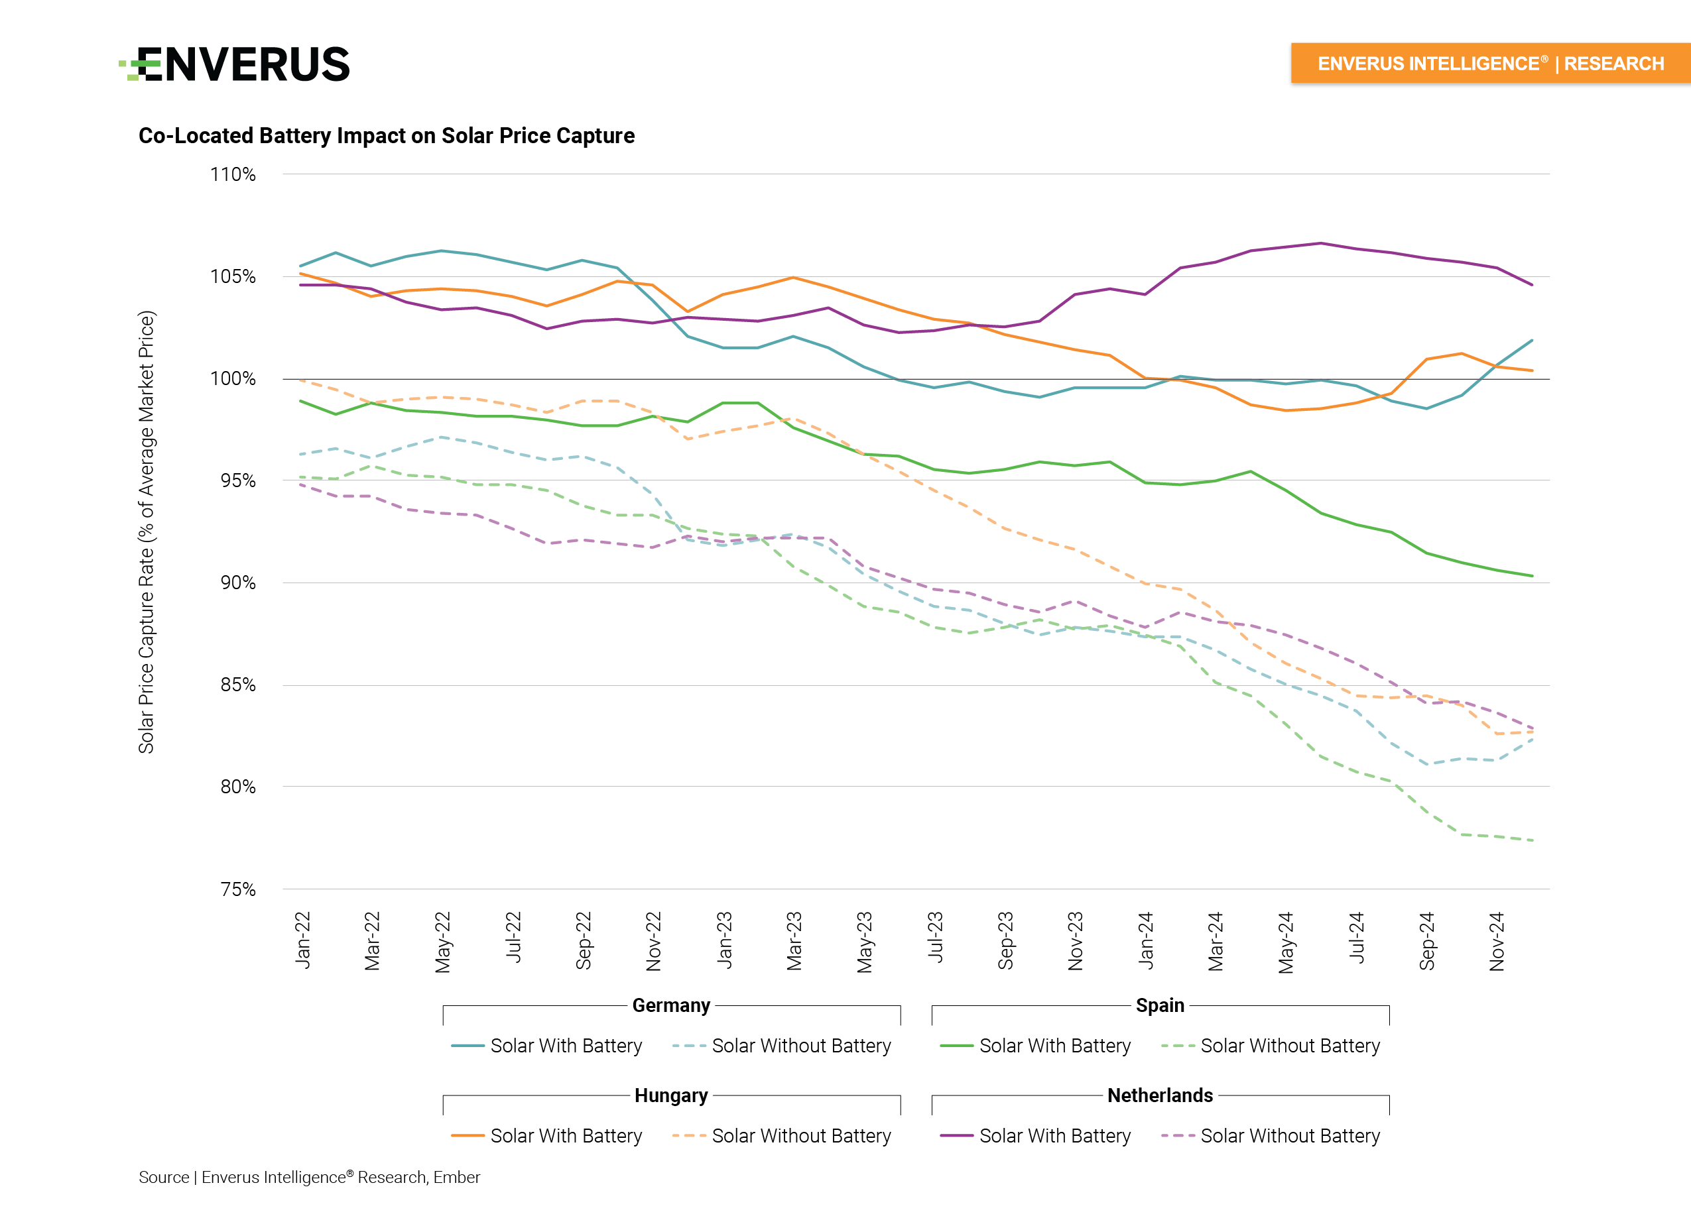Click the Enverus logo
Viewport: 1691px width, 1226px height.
[235, 64]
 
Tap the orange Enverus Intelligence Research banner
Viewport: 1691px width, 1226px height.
[1489, 64]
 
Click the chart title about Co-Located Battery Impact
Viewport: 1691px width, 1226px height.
[386, 136]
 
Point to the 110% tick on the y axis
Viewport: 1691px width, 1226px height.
[233, 174]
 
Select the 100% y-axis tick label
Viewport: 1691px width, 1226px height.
[233, 378]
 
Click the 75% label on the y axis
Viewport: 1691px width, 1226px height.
[237, 889]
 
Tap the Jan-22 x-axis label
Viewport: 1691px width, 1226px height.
[302, 940]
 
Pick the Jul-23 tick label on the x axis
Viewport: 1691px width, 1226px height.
[935, 937]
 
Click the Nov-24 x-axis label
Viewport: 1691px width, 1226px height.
[1497, 941]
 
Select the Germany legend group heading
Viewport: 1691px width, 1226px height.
[671, 1005]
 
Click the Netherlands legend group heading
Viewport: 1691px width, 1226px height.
[1159, 1095]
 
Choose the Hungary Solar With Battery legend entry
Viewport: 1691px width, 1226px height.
[546, 1136]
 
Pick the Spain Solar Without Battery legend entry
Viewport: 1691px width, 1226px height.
[1271, 1046]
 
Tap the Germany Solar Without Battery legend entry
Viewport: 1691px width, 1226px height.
[781, 1046]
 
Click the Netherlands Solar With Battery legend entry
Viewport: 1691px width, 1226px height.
[1035, 1136]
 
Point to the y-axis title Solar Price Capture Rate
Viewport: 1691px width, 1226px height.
[146, 531]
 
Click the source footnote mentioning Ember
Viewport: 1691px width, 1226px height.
[310, 1178]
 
